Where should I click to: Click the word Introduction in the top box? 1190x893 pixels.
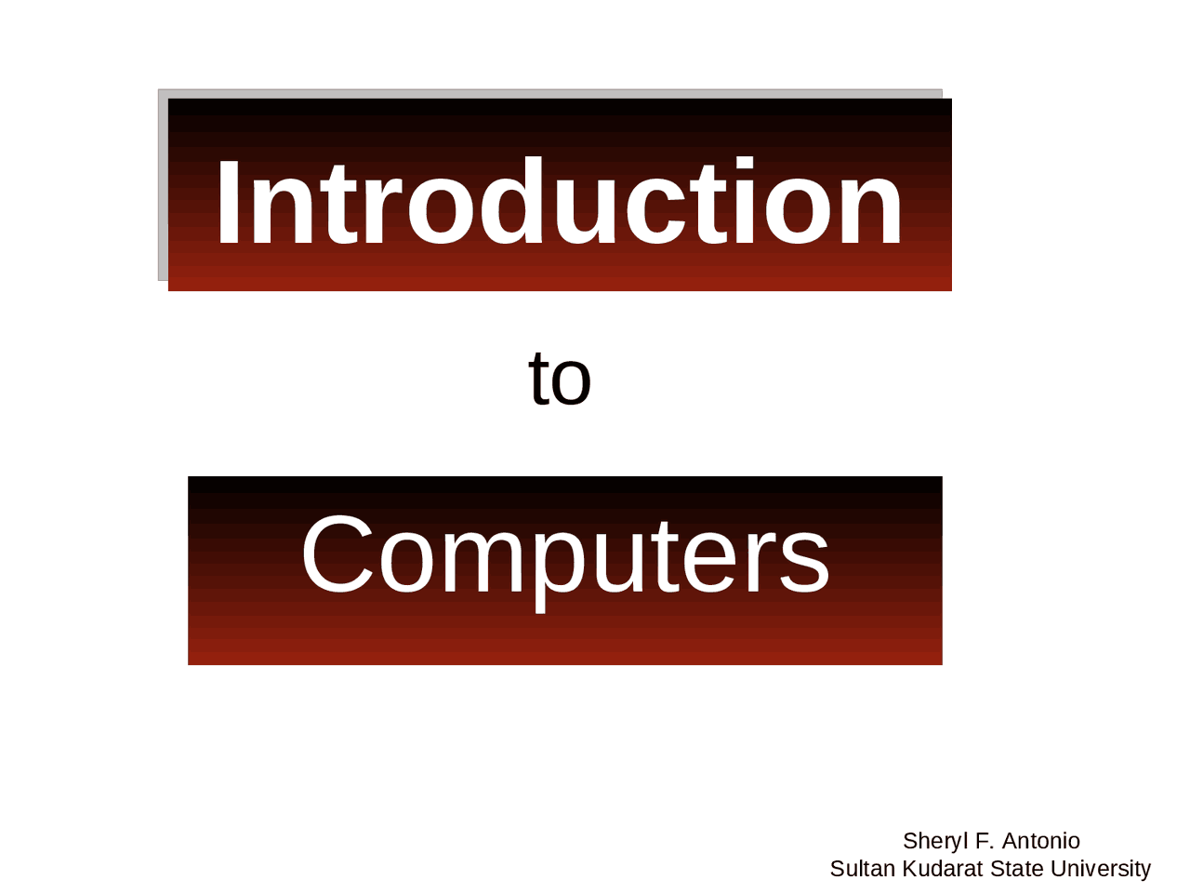pos(559,204)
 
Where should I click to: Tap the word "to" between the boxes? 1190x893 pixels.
pos(560,379)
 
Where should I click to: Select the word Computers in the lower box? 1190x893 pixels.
pos(564,556)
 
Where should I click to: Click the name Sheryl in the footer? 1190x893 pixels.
pos(934,841)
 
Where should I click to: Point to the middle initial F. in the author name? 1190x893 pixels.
pos(984,841)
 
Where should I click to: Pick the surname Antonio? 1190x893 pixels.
pos(1041,841)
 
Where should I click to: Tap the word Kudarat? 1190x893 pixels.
pos(942,869)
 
